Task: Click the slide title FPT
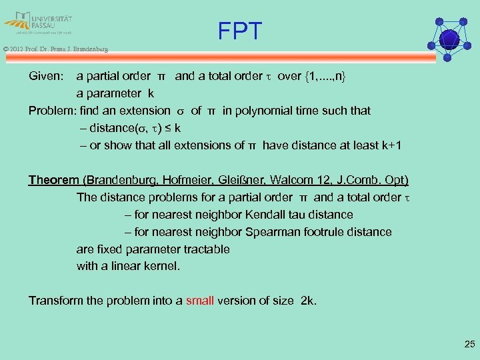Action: click(239, 31)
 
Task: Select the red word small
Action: click(200, 300)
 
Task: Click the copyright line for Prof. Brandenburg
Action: click(55, 49)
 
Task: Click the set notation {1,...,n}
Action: click(326, 76)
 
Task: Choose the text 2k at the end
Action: click(309, 300)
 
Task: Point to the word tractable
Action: click(203, 249)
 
